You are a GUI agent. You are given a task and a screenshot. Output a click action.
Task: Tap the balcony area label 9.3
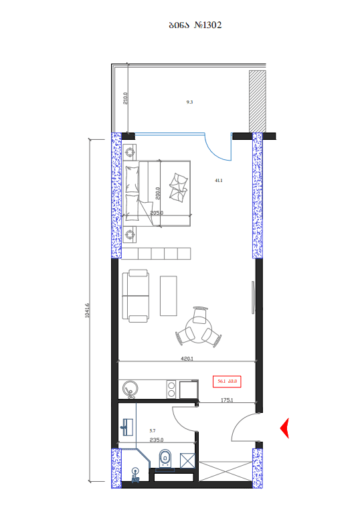point(189,102)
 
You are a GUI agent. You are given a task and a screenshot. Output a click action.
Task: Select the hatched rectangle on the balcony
point(258,100)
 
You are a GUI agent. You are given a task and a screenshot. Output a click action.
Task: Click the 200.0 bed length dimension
point(157,193)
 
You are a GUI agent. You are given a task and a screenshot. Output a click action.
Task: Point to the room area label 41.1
point(218,181)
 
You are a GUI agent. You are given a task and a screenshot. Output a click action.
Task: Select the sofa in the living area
point(137,294)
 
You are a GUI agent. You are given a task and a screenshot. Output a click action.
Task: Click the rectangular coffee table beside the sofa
point(169,295)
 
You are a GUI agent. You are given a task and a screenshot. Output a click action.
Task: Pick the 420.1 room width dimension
point(187,359)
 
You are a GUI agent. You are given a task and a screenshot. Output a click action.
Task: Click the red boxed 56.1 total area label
point(226,381)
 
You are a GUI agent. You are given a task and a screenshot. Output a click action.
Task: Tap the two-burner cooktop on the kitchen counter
point(170,388)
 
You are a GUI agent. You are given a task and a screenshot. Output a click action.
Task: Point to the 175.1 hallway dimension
point(226,400)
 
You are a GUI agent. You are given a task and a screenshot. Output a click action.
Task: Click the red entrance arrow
point(284,428)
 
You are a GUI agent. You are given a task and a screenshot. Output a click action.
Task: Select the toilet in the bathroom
point(165,458)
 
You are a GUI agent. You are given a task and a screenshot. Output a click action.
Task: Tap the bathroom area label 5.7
point(153,431)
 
